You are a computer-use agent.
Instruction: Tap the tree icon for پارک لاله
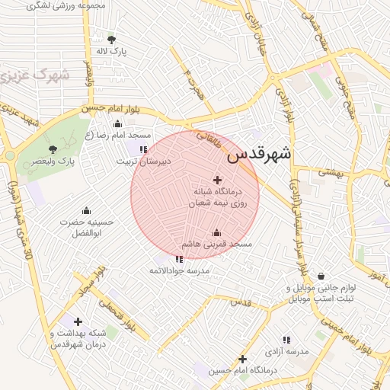[x=112, y=40]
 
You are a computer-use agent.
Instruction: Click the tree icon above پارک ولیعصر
[x=53, y=149]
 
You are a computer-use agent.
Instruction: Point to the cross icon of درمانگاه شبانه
[x=218, y=181]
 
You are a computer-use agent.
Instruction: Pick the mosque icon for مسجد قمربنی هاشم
[x=216, y=233]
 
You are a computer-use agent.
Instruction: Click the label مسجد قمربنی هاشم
[x=216, y=244]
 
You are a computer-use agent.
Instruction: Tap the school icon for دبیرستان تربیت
[x=143, y=149]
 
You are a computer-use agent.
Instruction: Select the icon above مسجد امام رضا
[x=117, y=124]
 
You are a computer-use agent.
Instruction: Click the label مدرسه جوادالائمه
[x=179, y=270]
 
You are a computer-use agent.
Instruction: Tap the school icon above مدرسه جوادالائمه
[x=179, y=259]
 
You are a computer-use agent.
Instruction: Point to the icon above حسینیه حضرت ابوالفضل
[x=86, y=211]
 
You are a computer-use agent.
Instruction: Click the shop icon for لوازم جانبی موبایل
[x=321, y=276]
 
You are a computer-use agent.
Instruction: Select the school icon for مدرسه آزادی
[x=286, y=340]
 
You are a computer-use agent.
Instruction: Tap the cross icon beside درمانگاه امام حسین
[x=242, y=359]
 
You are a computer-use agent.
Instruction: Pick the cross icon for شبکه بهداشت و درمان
[x=78, y=322]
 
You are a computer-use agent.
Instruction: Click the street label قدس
[x=240, y=302]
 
